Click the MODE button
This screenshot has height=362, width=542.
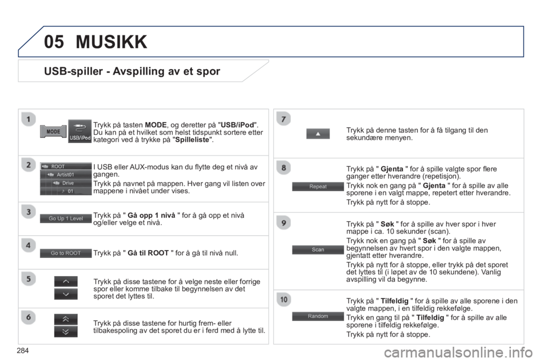click(54, 131)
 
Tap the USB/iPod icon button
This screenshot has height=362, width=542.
click(80, 131)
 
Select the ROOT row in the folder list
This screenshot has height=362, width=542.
click(65, 167)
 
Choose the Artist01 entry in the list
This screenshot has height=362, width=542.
click(65, 175)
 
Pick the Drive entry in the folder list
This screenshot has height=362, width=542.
click(65, 183)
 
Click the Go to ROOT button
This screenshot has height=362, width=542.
click(65, 253)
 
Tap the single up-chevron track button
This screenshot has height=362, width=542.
click(65, 281)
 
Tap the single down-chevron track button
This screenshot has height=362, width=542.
click(65, 294)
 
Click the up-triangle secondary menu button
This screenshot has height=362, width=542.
click(318, 133)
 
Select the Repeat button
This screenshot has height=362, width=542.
click(318, 186)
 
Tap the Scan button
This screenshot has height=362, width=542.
click(318, 249)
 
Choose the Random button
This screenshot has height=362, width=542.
click(318, 316)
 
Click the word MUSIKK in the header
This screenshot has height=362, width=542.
click(111, 41)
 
